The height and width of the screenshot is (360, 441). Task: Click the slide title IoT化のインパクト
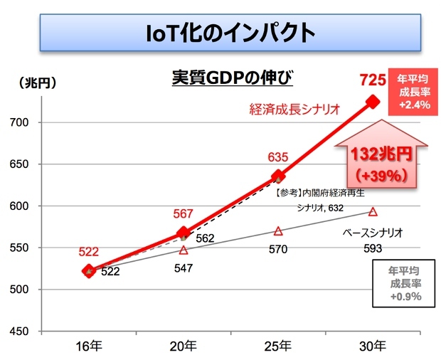pos(221,32)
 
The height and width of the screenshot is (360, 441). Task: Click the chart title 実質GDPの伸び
pos(233,78)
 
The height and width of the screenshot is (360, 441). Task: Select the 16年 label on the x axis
pos(88,346)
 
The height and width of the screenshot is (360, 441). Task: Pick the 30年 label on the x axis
pos(372,346)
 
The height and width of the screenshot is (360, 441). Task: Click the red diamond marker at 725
pos(372,102)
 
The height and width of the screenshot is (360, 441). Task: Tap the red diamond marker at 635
pos(278,176)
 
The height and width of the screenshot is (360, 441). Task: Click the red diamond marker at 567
pos(184,233)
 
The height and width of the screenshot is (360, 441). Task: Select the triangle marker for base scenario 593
pos(373,211)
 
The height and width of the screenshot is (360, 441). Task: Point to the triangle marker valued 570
pos(278,231)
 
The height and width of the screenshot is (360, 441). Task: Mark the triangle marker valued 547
pos(184,250)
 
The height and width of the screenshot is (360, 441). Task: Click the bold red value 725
pos(373,79)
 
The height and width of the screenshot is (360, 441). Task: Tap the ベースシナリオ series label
pos(373,233)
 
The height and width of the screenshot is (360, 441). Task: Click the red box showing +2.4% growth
pos(413,92)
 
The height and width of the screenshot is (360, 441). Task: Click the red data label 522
pos(88,253)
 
